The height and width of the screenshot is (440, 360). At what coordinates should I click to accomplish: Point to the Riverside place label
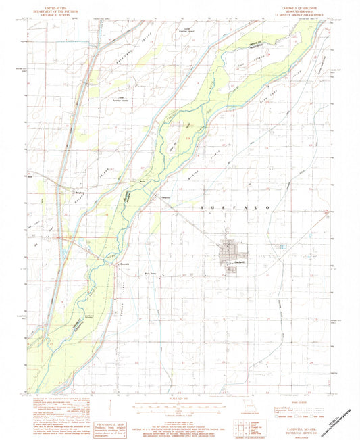(x=124, y=262)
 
